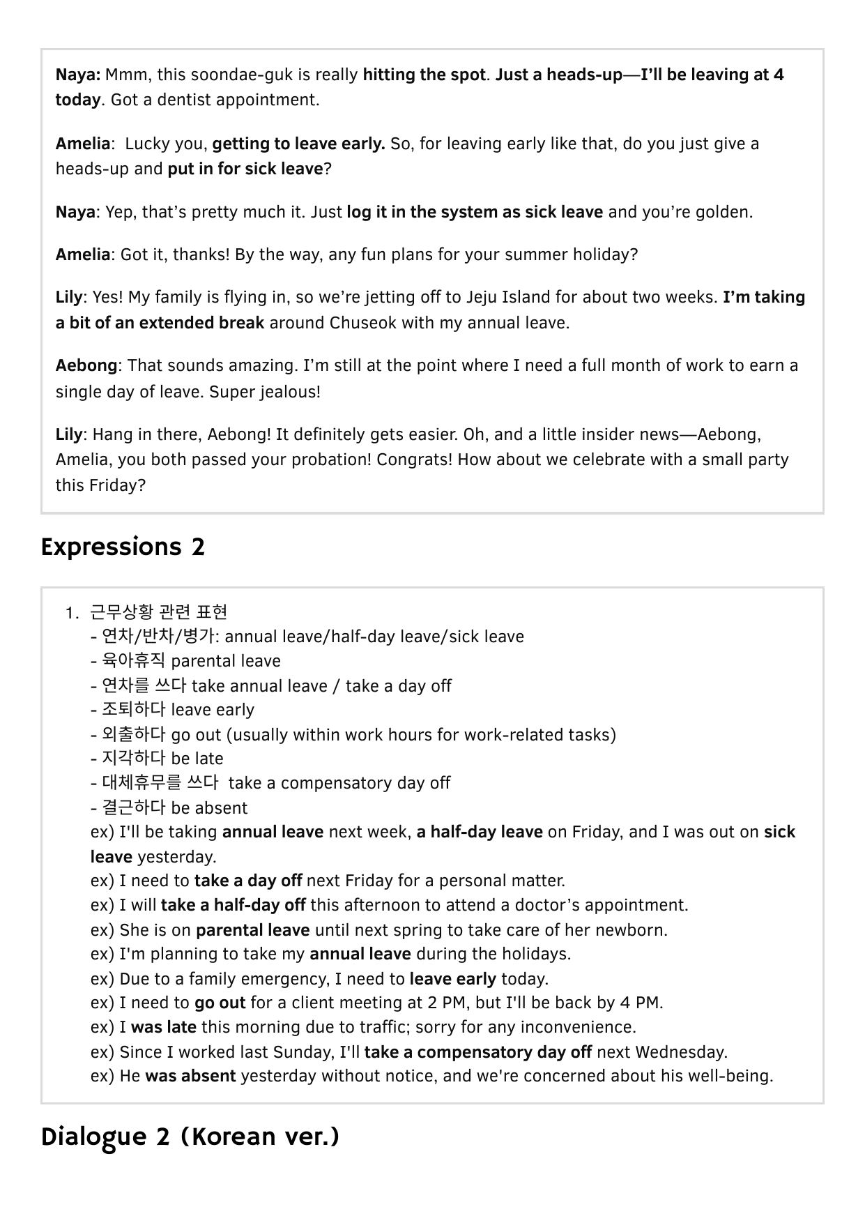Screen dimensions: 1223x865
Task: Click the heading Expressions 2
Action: [x=123, y=547]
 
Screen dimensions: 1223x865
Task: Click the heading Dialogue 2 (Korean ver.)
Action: [x=190, y=1137]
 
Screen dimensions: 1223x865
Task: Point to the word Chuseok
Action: [x=364, y=323]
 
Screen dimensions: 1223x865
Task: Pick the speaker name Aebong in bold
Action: [x=86, y=365]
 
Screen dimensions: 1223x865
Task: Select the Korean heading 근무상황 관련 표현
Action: [x=159, y=612]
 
